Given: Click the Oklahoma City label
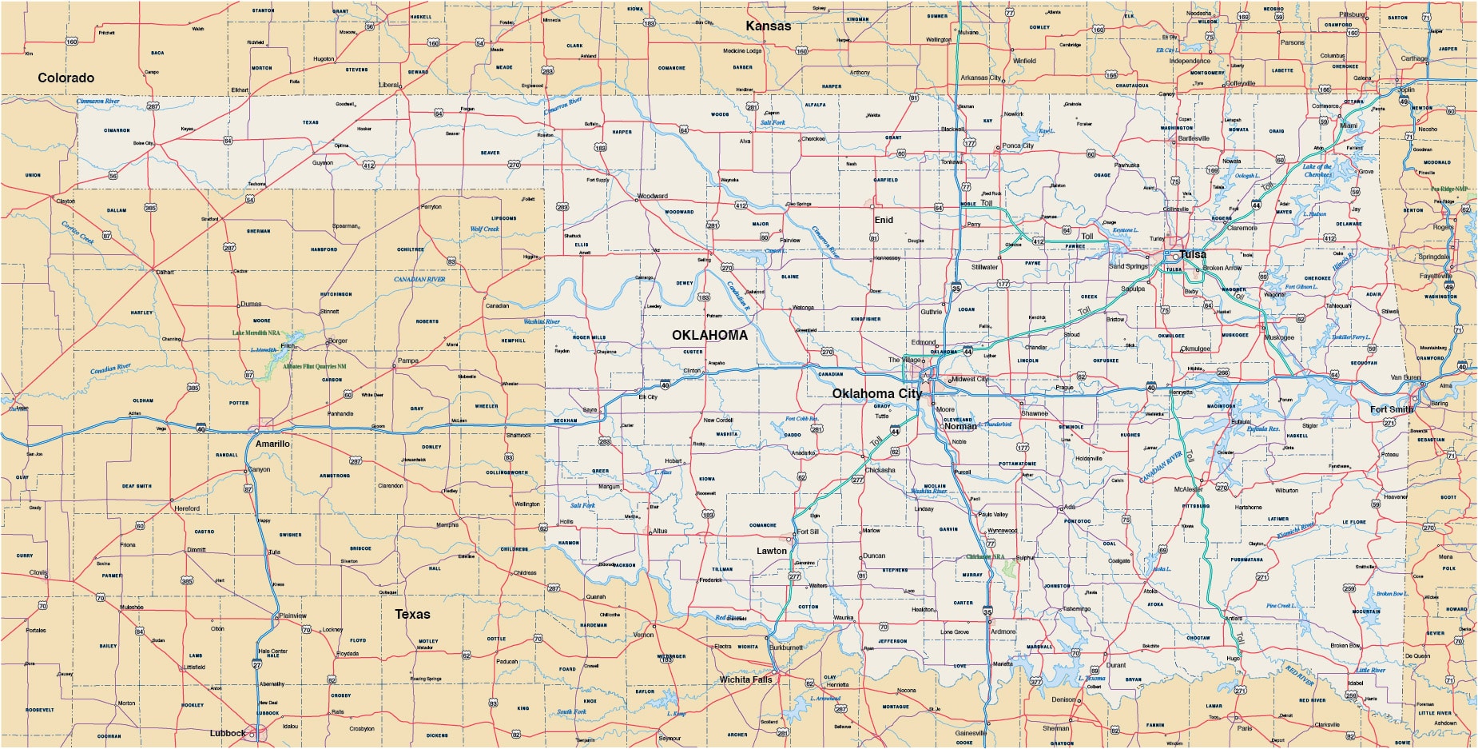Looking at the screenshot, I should coord(876,393).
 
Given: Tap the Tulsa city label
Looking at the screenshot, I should coord(1193,254).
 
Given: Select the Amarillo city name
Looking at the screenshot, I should coord(272,444).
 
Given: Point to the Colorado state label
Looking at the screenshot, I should coord(66,78).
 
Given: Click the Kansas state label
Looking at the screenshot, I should coord(768,26).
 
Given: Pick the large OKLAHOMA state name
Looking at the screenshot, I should coord(709,335).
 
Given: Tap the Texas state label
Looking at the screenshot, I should coord(412,614).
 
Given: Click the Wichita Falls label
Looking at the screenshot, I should coord(745,679).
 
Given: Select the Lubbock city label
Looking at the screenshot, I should coord(228,733).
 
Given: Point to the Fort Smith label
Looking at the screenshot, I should coord(1392,409).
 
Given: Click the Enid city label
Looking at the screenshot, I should coord(884,220).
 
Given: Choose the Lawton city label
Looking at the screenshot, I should coord(772,551).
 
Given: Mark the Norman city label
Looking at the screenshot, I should coord(960,426).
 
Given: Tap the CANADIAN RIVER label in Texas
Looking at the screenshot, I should coord(419,280).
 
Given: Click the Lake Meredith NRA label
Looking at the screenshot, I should coord(256,333).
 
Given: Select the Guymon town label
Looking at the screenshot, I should coord(322,163).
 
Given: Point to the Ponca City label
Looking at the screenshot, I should coord(1017,145).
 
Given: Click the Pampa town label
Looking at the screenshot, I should coord(407,361).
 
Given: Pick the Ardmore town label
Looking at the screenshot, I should coord(1003,631).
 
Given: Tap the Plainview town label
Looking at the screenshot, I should coord(293,616).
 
